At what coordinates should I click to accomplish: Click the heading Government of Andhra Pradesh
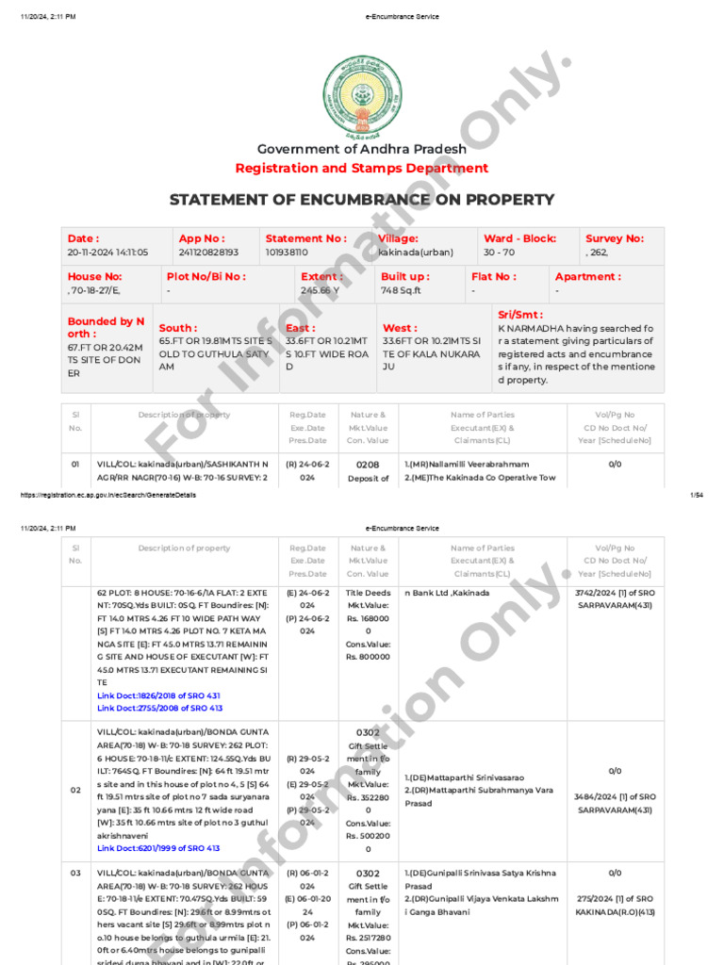(362, 149)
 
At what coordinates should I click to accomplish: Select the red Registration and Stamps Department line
(362, 169)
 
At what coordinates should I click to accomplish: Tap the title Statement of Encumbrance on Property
(362, 200)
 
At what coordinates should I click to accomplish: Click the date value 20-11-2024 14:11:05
(107, 254)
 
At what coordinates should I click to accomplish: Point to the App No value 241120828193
(208, 254)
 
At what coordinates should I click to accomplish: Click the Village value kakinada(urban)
(416, 254)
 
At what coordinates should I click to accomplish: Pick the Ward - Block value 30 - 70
(501, 254)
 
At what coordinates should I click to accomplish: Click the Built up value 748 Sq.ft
(401, 291)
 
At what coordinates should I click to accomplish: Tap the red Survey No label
(615, 239)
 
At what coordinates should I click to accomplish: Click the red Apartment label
(587, 277)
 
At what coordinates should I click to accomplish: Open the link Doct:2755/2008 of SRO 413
(159, 708)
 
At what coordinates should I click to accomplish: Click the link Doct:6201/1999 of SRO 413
(158, 848)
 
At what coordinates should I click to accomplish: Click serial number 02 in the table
(75, 790)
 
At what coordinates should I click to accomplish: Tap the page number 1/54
(698, 495)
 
